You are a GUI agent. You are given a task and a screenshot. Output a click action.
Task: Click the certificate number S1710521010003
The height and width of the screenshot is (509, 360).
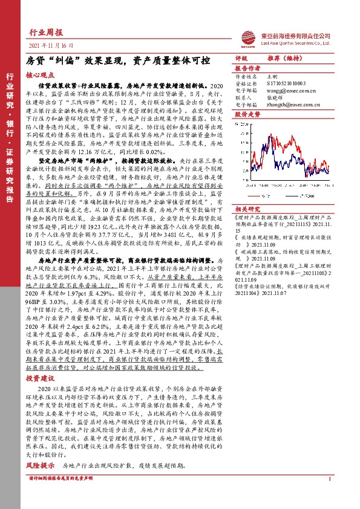click(289, 83)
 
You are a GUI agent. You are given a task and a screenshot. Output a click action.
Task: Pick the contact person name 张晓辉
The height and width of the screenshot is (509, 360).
click(276, 97)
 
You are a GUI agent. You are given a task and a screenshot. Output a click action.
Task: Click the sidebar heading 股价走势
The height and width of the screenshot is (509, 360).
click(247, 114)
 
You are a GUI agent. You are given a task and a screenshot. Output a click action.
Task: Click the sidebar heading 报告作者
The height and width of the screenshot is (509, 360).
click(247, 69)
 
